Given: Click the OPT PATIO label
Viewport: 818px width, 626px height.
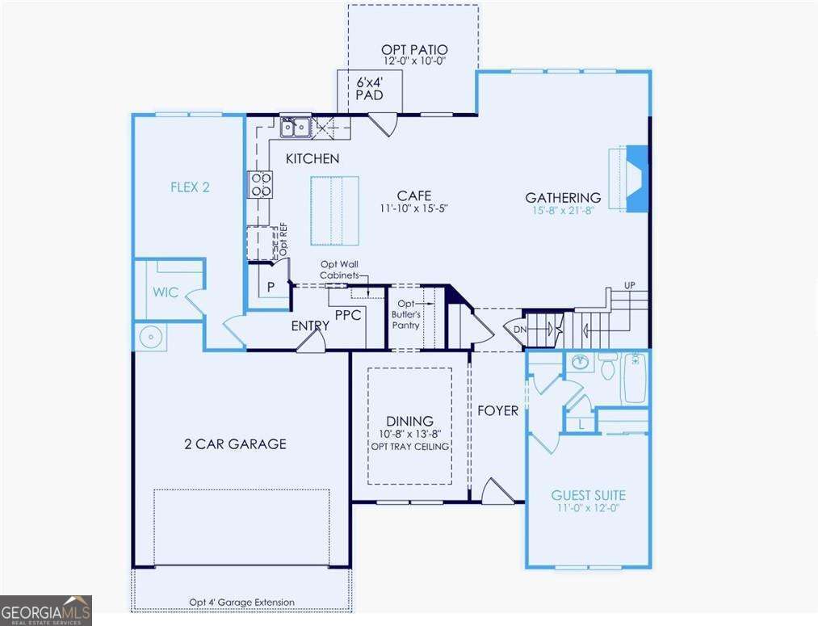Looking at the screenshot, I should [x=413, y=48].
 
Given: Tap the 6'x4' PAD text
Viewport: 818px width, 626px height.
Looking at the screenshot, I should [x=369, y=88].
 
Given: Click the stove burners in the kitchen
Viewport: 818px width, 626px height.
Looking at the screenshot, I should [x=260, y=185].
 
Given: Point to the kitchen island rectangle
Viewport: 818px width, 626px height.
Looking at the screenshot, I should [x=334, y=209].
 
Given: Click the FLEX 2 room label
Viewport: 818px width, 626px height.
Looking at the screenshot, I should [x=190, y=187].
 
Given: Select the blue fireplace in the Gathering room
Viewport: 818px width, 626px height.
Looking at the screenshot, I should [x=637, y=179].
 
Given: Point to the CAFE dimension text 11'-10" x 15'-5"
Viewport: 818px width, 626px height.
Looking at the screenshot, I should [x=413, y=208].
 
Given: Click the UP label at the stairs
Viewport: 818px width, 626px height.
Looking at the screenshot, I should [x=629, y=285].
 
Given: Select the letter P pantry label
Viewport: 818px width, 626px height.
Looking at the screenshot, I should [x=270, y=286].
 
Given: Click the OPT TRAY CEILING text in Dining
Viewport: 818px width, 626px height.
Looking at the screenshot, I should [x=410, y=447].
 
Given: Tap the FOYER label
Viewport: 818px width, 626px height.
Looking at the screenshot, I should [x=497, y=410].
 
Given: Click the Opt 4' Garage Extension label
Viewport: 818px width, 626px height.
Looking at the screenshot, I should [x=241, y=603].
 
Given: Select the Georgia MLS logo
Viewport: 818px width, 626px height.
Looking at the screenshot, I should [x=45, y=610].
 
